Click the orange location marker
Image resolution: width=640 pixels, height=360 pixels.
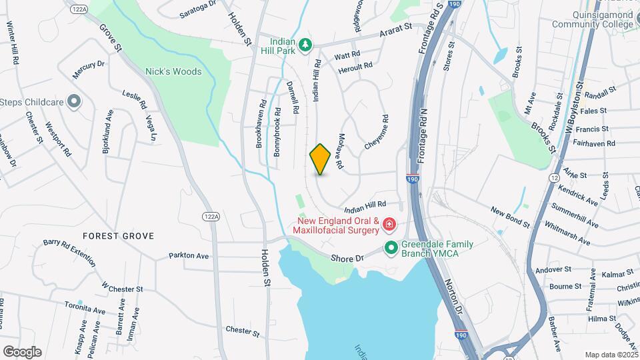pyautogui.click(x=321, y=159)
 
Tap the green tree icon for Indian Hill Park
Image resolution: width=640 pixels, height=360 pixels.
pyautogui.click(x=306, y=44)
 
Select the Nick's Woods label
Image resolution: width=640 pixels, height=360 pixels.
pyautogui.click(x=173, y=71)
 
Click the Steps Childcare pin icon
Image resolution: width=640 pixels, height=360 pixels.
pyautogui.click(x=74, y=102)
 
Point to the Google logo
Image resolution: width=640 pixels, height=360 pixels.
pyautogui.click(x=22, y=351)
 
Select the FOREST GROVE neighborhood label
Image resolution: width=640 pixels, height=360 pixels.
pyautogui.click(x=118, y=236)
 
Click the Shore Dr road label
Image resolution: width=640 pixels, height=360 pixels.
pyautogui.click(x=349, y=258)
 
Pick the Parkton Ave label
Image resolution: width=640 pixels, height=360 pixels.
pyautogui.click(x=189, y=255)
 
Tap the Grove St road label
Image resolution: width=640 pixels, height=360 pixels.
pyautogui.click(x=111, y=38)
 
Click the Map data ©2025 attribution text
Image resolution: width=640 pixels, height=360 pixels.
pyautogui.click(x=611, y=355)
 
